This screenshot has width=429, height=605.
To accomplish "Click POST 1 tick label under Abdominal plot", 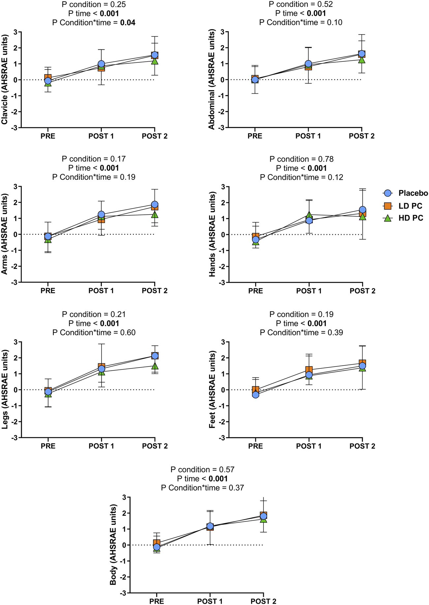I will click(x=308, y=136).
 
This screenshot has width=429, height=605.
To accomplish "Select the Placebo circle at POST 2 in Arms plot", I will click(x=155, y=205).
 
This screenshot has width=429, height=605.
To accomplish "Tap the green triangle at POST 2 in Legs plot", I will click(x=155, y=366).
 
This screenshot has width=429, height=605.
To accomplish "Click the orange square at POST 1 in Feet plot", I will click(x=309, y=370).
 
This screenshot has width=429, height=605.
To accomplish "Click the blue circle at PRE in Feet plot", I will click(x=256, y=395).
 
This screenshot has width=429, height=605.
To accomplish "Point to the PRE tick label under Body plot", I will click(x=157, y=601).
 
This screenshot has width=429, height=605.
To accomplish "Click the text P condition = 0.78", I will click(x=301, y=159).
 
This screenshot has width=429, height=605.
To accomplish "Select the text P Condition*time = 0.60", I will click(x=94, y=333).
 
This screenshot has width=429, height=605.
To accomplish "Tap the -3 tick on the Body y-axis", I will click(x=124, y=593).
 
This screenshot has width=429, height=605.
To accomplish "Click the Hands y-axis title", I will click(x=212, y=235).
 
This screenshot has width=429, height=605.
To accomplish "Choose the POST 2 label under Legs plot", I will click(x=155, y=446).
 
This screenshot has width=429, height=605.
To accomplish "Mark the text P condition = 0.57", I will click(x=202, y=469).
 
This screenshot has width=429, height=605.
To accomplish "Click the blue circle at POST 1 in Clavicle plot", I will click(x=101, y=64).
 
